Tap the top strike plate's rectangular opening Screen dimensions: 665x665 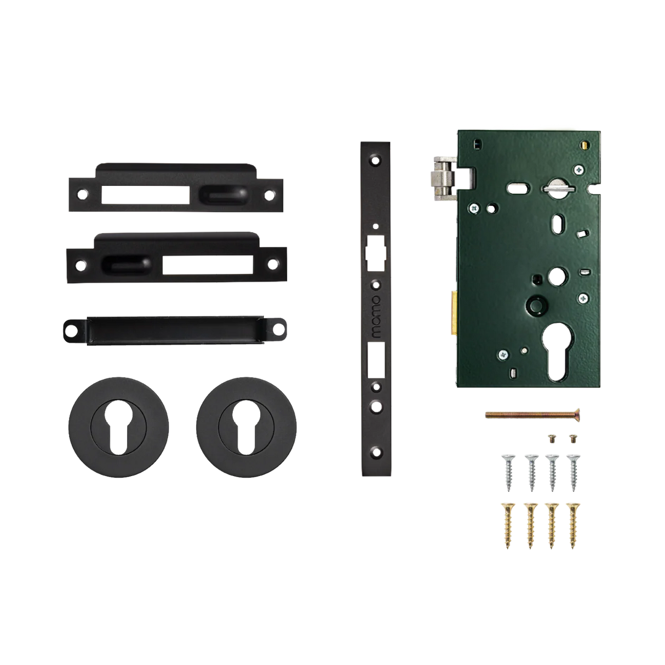pos(146,196)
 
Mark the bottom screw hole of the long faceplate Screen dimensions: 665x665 pos(376,452)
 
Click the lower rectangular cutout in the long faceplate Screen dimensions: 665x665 pos(376,359)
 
